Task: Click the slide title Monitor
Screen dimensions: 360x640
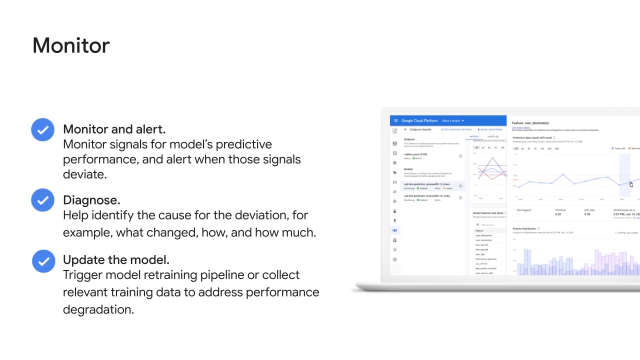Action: (x=71, y=45)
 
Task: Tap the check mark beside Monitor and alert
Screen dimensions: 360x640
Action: (x=42, y=129)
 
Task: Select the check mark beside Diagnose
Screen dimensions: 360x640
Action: (x=42, y=200)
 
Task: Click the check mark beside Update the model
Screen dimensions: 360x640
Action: (x=43, y=261)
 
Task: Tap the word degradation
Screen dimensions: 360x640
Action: (x=97, y=309)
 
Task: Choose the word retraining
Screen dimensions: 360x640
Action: (x=170, y=275)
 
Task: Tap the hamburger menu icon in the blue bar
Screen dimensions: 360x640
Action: (x=395, y=120)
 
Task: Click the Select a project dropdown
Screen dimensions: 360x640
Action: (x=452, y=120)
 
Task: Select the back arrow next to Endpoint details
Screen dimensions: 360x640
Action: (x=405, y=129)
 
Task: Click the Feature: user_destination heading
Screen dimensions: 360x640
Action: (x=530, y=123)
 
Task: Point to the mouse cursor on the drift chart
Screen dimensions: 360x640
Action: (x=631, y=185)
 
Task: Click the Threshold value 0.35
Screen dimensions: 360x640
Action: (x=558, y=214)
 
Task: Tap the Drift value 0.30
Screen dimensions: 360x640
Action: (x=587, y=214)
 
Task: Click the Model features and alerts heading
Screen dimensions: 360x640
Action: (x=488, y=213)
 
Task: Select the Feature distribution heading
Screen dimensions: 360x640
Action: (x=524, y=228)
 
